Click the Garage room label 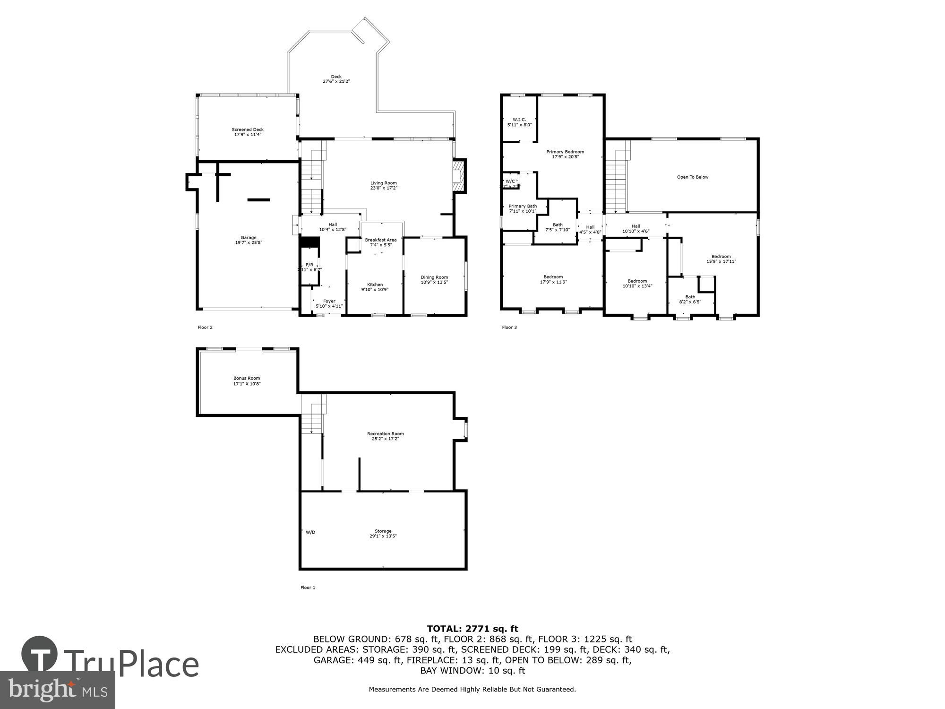click(249, 240)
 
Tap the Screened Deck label click(248, 132)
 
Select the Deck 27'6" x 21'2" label click(336, 79)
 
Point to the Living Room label click(383, 185)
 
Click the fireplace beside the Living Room click(459, 176)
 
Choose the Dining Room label click(434, 280)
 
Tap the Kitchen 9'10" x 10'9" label click(375, 287)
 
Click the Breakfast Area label click(380, 242)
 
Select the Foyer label click(329, 303)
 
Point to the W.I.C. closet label click(519, 122)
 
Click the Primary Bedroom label click(565, 154)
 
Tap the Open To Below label click(693, 177)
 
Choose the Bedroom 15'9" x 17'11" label click(721, 259)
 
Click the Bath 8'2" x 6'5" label click(690, 299)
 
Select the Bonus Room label click(247, 381)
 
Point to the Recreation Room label click(385, 436)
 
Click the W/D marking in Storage click(310, 532)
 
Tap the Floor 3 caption click(509, 327)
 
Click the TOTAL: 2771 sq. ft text click(472, 629)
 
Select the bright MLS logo click(57, 690)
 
